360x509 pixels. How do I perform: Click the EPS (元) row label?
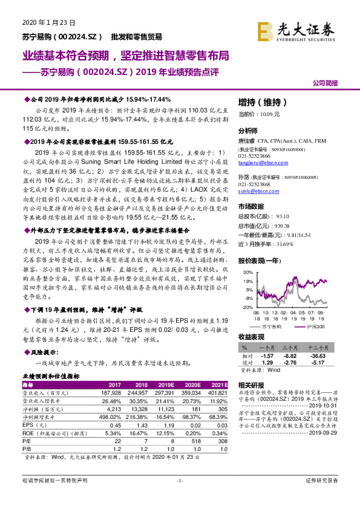tap(31, 426)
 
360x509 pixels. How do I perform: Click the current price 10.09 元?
tap(260, 114)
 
